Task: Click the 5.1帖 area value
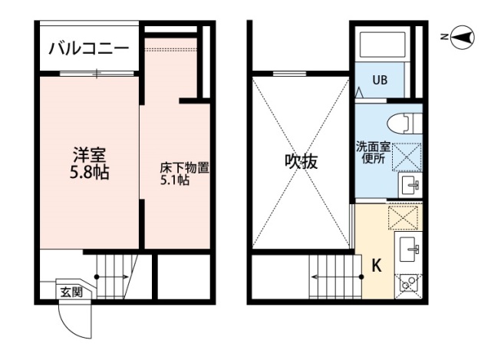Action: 173,180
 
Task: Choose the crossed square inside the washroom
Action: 405,156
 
